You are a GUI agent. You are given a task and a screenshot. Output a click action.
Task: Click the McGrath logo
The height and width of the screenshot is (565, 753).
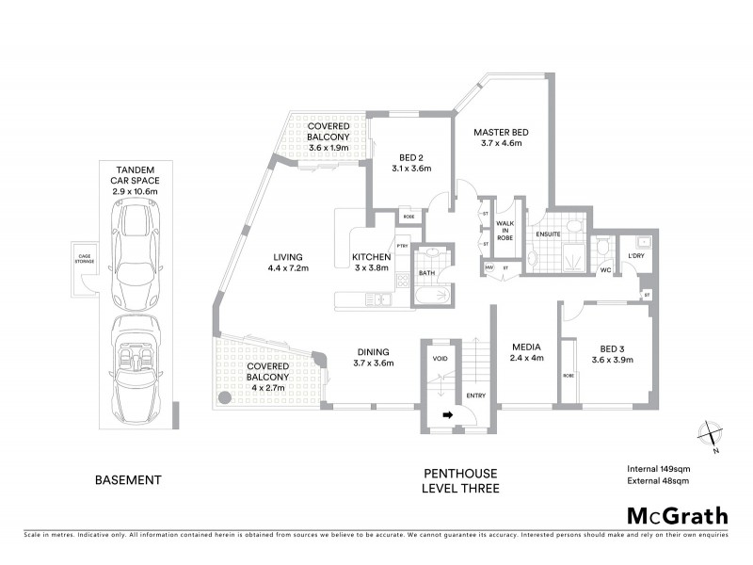click(677, 515)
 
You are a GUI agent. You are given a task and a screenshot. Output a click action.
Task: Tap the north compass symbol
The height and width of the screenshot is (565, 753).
click(712, 436)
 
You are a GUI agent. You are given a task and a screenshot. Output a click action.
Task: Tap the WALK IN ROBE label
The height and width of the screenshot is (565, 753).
click(505, 229)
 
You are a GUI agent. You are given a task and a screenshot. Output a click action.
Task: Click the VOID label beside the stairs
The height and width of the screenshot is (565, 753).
click(439, 360)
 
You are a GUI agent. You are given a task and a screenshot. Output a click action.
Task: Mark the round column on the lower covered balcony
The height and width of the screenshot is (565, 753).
click(225, 397)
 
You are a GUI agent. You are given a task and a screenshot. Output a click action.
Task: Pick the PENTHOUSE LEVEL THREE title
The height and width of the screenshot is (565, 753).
click(460, 480)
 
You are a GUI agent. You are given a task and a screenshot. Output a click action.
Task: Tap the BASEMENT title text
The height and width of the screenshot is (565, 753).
click(129, 479)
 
